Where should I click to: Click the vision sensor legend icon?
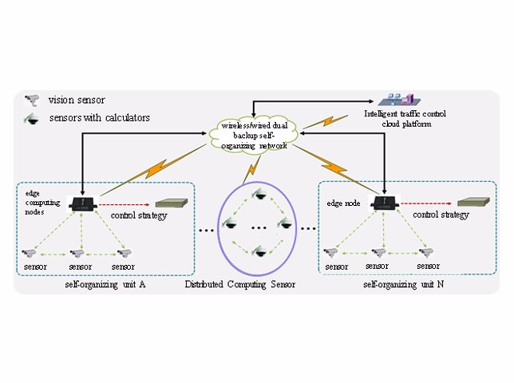(x=32, y=100)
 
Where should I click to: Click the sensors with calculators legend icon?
(x=32, y=118)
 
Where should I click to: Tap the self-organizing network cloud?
(x=257, y=136)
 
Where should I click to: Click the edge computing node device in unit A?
(x=81, y=203)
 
